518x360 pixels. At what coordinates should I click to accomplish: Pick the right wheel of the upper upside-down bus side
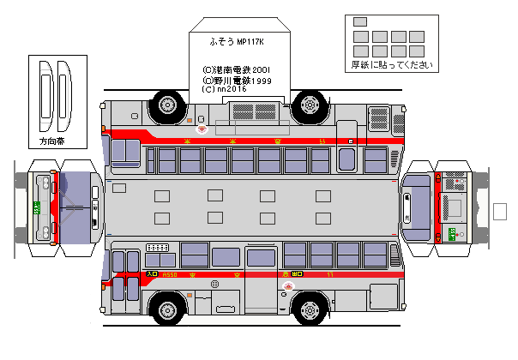pyautogui.click(x=307, y=104)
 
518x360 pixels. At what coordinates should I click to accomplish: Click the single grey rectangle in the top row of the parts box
pyautogui.click(x=360, y=21)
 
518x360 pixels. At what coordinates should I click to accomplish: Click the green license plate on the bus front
pyautogui.click(x=36, y=207)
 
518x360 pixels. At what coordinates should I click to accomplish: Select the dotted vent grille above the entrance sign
pyautogui.click(x=158, y=248)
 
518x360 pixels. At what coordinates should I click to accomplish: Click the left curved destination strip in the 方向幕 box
pyautogui.click(x=46, y=94)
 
